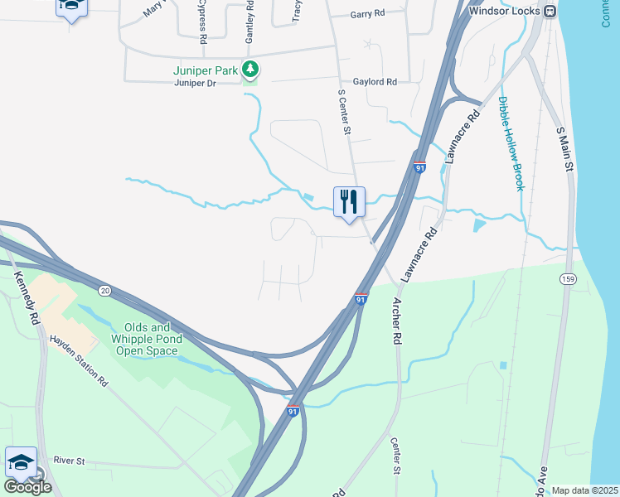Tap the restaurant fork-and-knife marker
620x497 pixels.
pyautogui.click(x=349, y=201)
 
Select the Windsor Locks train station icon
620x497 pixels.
pyautogui.click(x=549, y=11)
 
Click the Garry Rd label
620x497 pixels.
pyautogui.click(x=368, y=14)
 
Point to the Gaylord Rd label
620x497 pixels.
pyautogui.click(x=375, y=82)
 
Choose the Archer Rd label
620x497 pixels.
pyautogui.click(x=396, y=320)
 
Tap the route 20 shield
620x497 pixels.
pyautogui.click(x=104, y=290)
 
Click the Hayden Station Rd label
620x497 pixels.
pyautogui.click(x=80, y=363)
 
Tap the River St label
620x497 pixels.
pyautogui.click(x=70, y=460)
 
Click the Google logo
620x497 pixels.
pyautogui.click(x=27, y=487)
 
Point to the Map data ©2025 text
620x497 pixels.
pyautogui.click(x=584, y=490)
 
